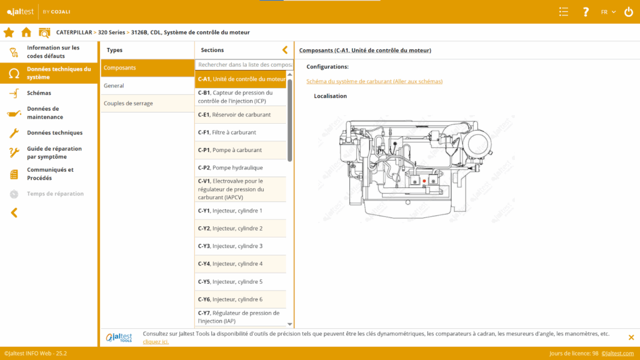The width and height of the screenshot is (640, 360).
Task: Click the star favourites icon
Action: [x=9, y=32]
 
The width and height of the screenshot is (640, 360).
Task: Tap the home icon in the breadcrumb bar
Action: [x=26, y=32]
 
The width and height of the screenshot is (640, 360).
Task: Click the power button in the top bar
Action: [x=629, y=12]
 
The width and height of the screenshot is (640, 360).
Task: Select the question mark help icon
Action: [x=586, y=12]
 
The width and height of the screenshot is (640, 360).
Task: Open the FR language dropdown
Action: [x=608, y=12]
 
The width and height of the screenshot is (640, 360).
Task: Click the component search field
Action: [x=244, y=64]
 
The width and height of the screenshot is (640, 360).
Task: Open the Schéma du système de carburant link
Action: [x=374, y=81]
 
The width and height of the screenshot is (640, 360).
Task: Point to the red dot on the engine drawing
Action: [x=424, y=181]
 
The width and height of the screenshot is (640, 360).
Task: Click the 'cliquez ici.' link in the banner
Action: [x=156, y=342]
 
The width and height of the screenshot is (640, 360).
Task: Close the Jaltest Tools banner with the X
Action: [x=631, y=337]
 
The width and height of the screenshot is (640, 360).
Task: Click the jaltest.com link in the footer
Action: [x=617, y=354]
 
